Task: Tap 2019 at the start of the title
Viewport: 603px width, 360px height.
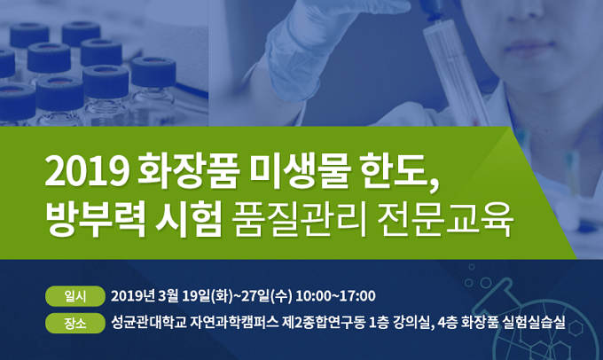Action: pos(87,171)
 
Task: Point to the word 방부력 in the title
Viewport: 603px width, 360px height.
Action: pos(96,220)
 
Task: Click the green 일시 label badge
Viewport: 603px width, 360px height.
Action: pos(75,296)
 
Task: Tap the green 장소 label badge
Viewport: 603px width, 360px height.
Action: pos(75,324)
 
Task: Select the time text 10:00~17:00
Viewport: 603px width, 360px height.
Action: pos(336,296)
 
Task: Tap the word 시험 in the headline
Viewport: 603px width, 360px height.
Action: pos(189,220)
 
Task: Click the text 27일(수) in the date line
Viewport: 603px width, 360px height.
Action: pos(266,296)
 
